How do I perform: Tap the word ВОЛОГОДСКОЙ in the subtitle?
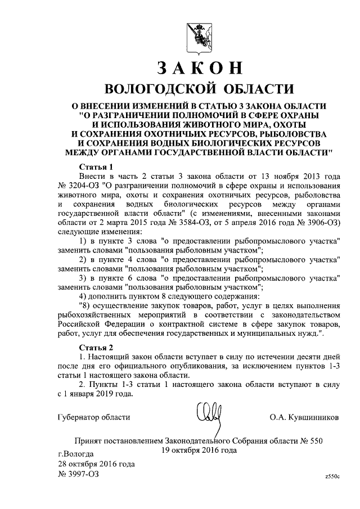162,88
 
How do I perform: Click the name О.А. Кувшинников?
304,417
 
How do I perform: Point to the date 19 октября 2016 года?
199,450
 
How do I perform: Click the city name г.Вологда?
76,453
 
